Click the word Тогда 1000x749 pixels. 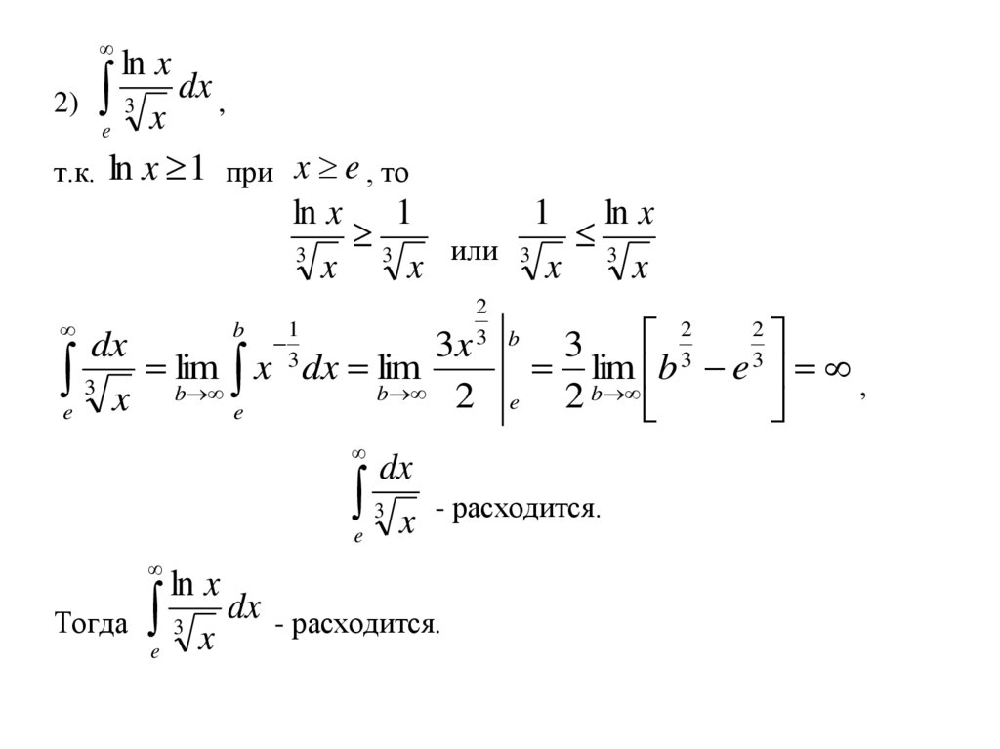tap(89, 624)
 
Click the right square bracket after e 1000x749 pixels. tap(777, 368)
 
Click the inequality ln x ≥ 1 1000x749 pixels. tap(156, 170)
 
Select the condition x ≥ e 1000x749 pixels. tap(329, 170)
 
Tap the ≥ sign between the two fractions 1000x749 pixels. tap(361, 239)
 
